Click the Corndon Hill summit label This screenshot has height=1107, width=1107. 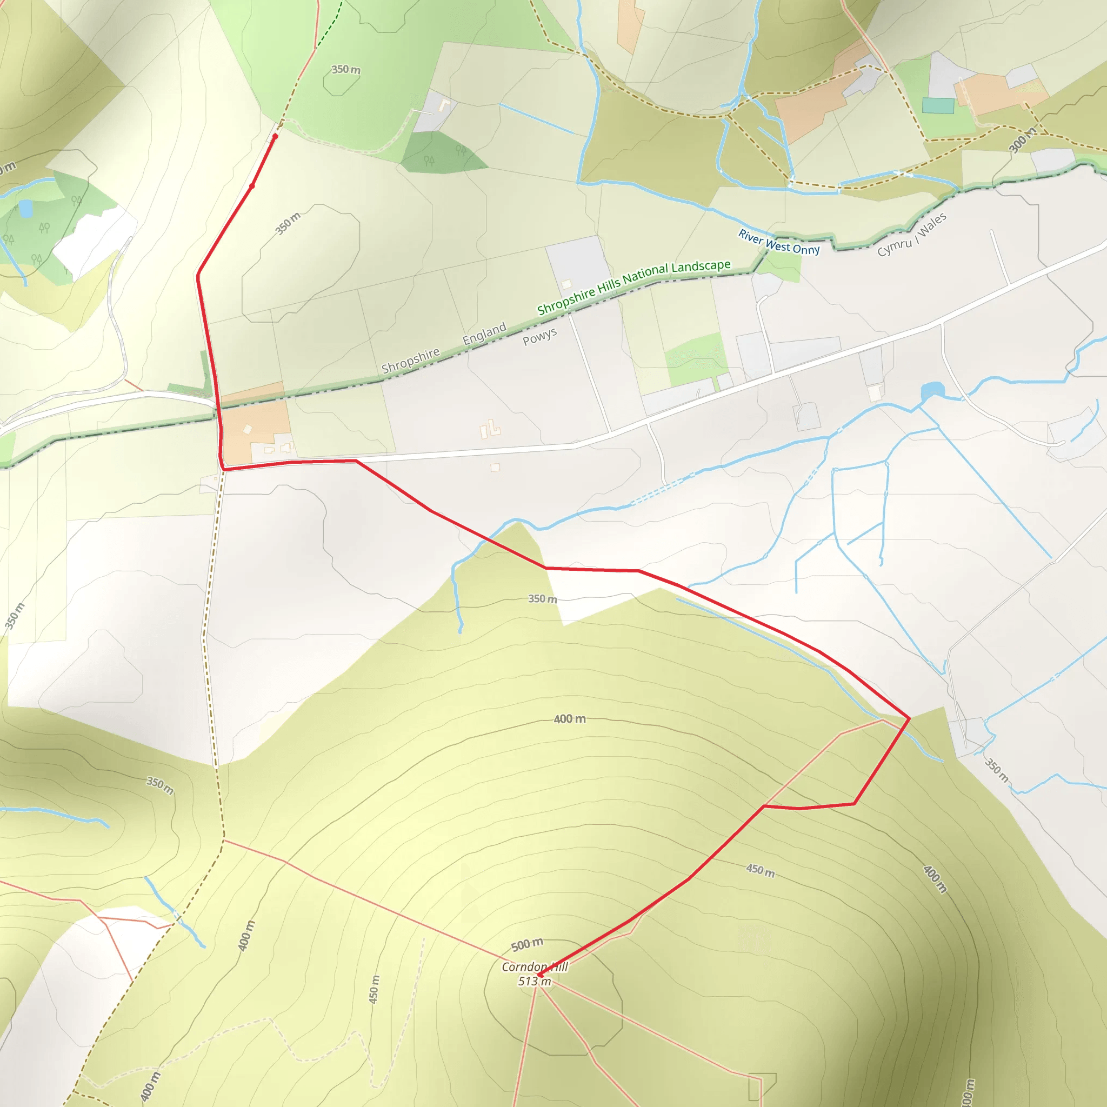(x=535, y=966)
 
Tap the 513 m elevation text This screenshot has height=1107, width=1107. (x=535, y=981)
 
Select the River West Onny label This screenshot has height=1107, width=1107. (x=779, y=242)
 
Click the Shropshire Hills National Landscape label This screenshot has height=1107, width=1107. (x=633, y=286)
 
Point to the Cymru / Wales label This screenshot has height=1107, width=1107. (x=912, y=235)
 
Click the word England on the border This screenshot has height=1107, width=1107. (x=484, y=334)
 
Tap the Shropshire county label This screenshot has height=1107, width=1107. (x=410, y=361)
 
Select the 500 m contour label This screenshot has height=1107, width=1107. (x=526, y=944)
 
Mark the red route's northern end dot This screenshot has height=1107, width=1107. (x=275, y=136)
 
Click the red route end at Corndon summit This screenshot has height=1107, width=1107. (x=540, y=974)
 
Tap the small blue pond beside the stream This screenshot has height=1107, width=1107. (x=932, y=392)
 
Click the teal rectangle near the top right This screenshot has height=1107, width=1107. (x=938, y=105)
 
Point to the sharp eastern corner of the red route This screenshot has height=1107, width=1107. (x=909, y=717)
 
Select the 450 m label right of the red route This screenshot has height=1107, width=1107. (x=761, y=870)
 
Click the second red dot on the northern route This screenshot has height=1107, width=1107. (x=252, y=185)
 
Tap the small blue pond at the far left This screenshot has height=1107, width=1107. (x=26, y=209)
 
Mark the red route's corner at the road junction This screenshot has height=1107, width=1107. (x=223, y=469)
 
